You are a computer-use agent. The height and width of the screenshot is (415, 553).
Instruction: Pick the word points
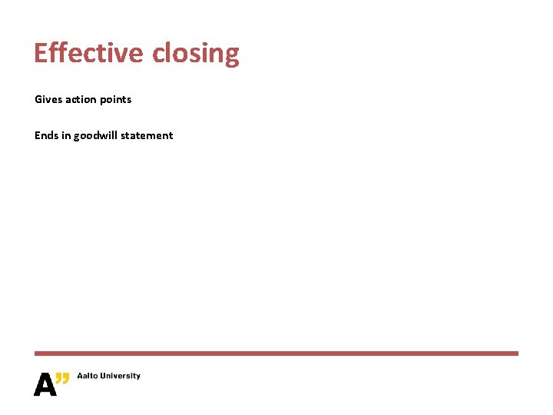(116, 100)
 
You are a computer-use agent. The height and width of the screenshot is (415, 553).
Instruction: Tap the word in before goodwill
(66, 135)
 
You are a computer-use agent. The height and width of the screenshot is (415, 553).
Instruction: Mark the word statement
(147, 135)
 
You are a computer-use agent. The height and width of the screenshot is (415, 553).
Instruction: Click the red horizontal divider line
(276, 354)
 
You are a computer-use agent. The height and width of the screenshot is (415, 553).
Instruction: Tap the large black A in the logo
(45, 383)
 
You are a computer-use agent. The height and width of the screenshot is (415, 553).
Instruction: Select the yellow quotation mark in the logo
(63, 377)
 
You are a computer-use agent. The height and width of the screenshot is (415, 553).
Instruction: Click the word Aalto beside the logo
(88, 376)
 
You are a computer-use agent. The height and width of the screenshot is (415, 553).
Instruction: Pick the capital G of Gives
(38, 99)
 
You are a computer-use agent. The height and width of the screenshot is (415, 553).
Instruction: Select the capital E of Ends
(38, 135)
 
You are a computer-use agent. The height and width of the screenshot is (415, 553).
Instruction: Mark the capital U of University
(106, 376)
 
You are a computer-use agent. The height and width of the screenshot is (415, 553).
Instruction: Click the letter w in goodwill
(102, 135)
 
